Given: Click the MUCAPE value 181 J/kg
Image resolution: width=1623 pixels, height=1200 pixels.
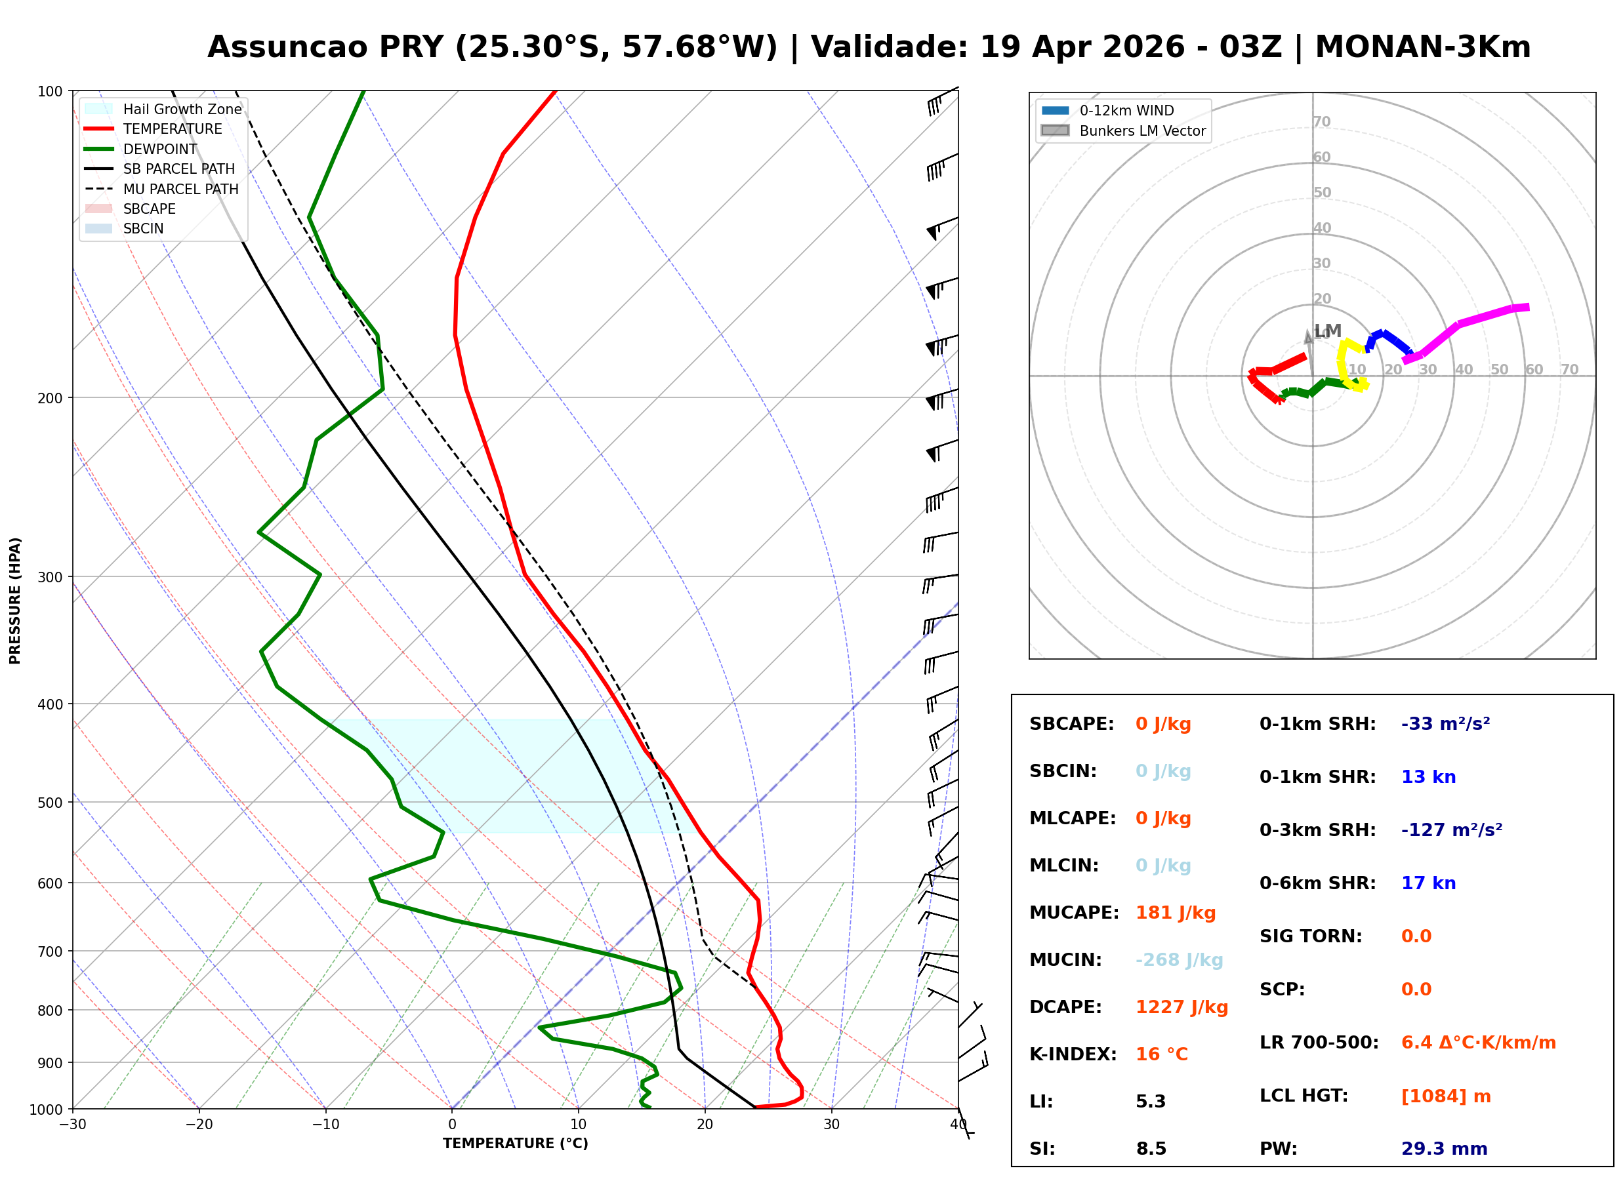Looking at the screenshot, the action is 1176,912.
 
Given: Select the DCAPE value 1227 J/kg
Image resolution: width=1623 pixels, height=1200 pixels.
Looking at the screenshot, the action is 1182,1007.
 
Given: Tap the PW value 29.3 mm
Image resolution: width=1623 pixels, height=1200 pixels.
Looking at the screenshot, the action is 1445,1148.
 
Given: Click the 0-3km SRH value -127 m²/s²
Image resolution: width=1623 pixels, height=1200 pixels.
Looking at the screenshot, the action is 1452,830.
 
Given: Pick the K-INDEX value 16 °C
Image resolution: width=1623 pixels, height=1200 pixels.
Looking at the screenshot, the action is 1162,1054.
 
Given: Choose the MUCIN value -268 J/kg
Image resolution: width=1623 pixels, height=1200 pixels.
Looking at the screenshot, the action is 1179,959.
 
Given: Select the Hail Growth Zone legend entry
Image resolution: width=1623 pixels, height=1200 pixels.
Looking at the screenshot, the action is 163,109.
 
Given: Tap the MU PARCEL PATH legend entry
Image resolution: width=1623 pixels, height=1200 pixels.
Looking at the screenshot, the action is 162,189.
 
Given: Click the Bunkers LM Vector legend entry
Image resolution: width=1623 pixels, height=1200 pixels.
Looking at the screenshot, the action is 1123,130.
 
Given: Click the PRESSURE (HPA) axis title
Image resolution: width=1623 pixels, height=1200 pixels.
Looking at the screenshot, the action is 15,601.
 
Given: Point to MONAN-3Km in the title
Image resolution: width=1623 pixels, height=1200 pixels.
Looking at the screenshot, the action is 1422,47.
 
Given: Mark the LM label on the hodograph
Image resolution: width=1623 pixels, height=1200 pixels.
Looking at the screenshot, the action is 1328,331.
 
